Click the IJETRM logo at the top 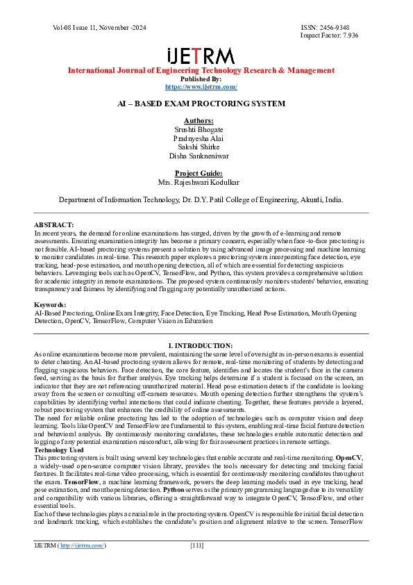[201, 56]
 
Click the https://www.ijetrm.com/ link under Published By [201, 87]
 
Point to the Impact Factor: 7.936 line [329, 35]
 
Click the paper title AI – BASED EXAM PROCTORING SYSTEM [201, 104]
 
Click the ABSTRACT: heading [53, 224]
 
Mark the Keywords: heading [51, 305]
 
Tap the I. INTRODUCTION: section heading [201, 345]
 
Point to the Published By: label [201, 79]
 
